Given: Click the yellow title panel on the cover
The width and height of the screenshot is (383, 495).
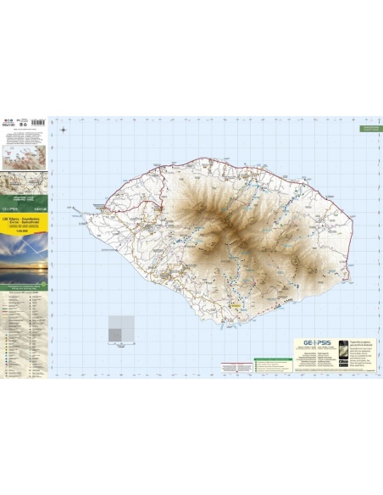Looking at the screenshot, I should pyautogui.click(x=25, y=224).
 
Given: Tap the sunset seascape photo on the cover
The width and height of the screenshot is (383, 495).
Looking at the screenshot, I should pyautogui.click(x=25, y=261).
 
